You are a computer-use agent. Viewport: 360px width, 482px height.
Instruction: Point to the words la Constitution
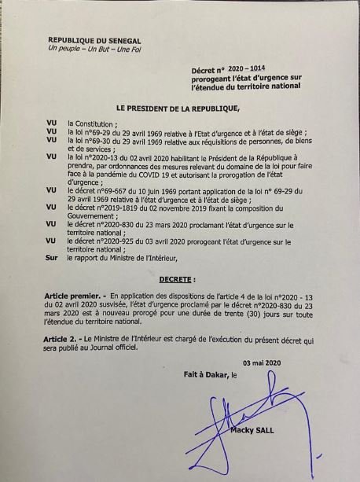tap(92, 123)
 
